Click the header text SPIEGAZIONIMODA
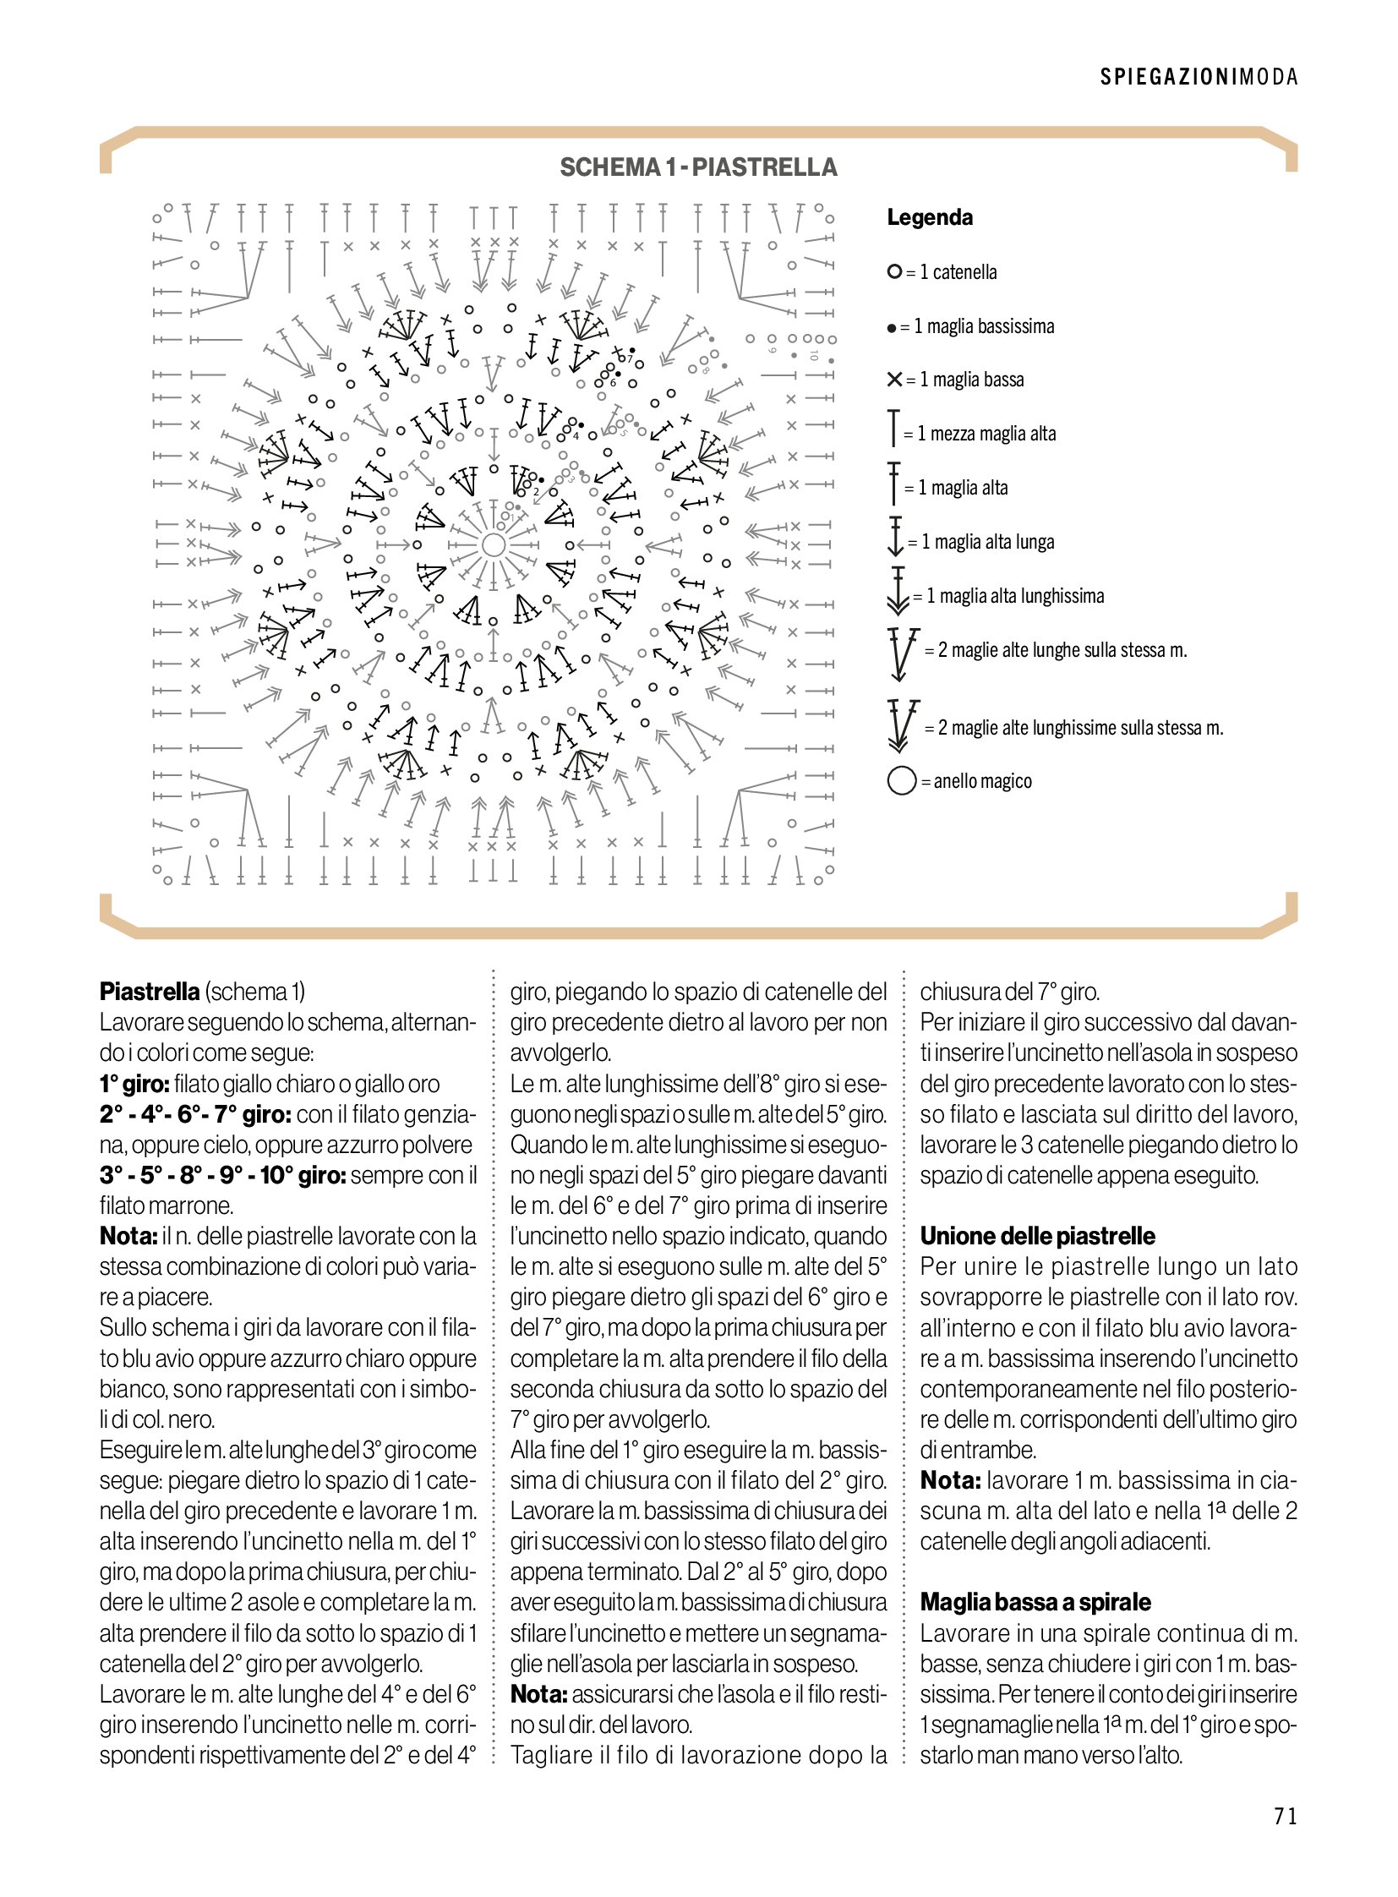[x=1199, y=77]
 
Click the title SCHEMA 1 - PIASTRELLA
[x=698, y=167]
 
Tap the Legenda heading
[x=929, y=217]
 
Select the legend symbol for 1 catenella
[x=893, y=271]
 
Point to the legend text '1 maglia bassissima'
[x=983, y=326]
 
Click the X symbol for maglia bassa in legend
[x=894, y=380]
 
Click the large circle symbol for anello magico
[x=902, y=780]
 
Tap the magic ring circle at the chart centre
[x=494, y=544]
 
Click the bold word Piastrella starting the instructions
[x=150, y=992]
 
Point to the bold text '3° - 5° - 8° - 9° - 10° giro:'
[x=222, y=1175]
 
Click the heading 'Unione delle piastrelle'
[x=1036, y=1236]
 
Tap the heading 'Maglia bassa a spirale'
[x=1035, y=1602]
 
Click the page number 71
[x=1285, y=1817]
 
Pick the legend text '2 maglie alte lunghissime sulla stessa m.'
[x=1080, y=727]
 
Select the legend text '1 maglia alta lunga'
[x=987, y=542]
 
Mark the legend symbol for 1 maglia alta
[x=893, y=484]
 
